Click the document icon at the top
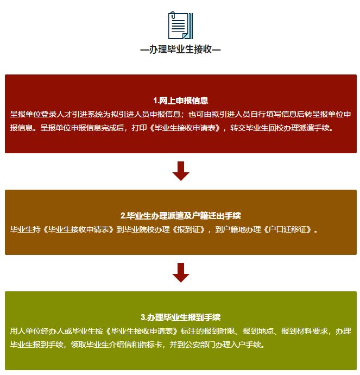(x=180, y=26)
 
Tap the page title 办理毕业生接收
(x=180, y=49)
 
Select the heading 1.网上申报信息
(x=180, y=101)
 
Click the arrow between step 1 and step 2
(x=180, y=171)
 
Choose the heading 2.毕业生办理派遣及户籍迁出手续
(x=180, y=215)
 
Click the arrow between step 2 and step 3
(x=180, y=272)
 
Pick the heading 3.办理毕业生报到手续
(x=180, y=317)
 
